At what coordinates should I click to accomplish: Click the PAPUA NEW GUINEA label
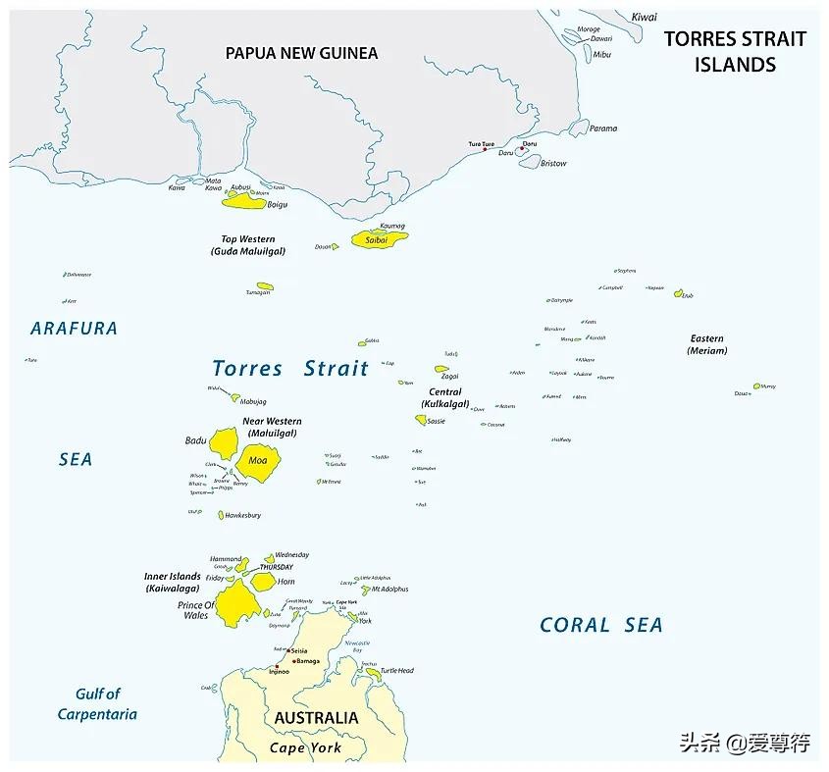click(301, 53)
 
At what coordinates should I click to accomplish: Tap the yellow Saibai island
click(377, 239)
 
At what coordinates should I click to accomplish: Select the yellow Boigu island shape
click(243, 202)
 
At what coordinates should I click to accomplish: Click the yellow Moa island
click(258, 460)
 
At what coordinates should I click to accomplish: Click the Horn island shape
click(263, 581)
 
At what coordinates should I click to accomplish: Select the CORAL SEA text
click(600, 625)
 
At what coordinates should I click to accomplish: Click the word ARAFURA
click(74, 329)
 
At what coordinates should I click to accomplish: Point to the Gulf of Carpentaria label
click(97, 704)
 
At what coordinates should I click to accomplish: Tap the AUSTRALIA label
click(316, 718)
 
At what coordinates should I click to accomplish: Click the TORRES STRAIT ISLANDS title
click(735, 52)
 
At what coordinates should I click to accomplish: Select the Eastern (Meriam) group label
click(706, 344)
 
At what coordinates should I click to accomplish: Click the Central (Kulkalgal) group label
click(444, 398)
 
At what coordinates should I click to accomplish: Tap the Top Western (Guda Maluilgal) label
click(247, 245)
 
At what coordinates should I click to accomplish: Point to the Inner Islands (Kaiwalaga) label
click(172, 583)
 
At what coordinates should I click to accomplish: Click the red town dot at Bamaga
click(292, 661)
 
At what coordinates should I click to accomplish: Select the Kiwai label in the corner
click(644, 17)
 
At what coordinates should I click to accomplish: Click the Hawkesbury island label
click(242, 515)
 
